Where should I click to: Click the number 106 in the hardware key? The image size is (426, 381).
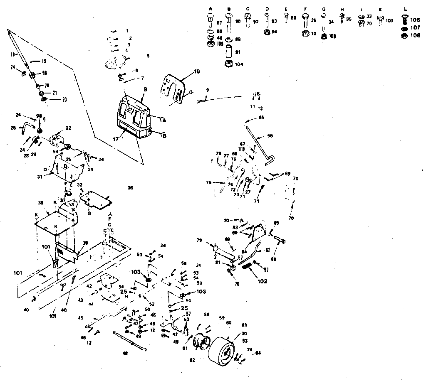415,20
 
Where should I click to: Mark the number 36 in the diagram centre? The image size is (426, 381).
130,188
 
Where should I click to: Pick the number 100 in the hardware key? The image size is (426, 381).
389,20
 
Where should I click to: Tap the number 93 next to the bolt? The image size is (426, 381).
274,21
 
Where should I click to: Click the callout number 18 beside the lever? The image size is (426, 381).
12,54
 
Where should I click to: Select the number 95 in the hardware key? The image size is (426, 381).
349,19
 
